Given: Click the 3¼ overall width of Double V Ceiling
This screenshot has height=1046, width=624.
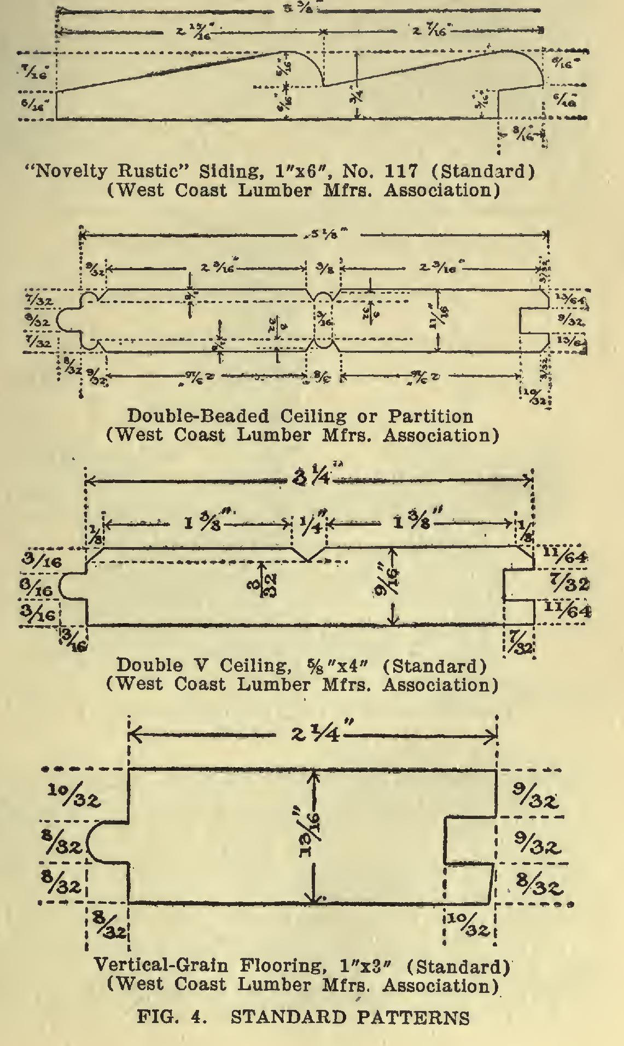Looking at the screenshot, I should pyautogui.click(x=310, y=480).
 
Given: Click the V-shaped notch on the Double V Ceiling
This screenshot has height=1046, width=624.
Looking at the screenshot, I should pyautogui.click(x=308, y=554).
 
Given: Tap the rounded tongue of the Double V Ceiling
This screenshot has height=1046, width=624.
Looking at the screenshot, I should pyautogui.click(x=71, y=585).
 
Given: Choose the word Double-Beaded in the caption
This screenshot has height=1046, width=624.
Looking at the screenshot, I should pyautogui.click(x=199, y=416).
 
